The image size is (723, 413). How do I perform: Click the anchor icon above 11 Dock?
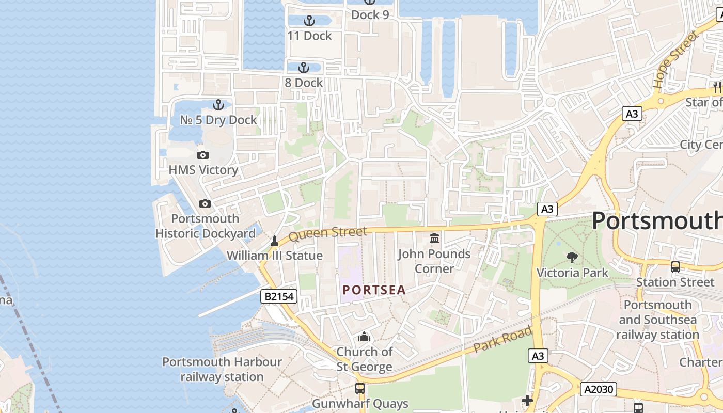point(309,21)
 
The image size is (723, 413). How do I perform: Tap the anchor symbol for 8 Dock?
point(304,68)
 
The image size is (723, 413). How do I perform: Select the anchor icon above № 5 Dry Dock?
point(218,105)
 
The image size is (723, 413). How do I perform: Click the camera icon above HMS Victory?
point(203,155)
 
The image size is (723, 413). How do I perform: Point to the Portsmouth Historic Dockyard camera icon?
point(205,203)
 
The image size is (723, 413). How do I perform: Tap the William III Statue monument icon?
point(275,241)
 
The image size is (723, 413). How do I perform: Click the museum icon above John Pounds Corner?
point(434,239)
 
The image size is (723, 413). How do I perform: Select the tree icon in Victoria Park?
point(572,257)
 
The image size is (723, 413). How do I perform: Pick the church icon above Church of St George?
point(364,337)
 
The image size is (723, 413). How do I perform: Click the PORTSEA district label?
point(374,290)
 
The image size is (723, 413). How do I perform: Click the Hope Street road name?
point(675,59)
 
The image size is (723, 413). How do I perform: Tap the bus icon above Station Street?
point(675,267)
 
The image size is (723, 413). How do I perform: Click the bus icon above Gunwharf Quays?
point(360,388)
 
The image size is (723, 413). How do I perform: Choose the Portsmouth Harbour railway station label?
point(222,369)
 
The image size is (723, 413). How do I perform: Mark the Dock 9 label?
point(370,15)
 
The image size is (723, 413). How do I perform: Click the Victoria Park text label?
point(573,272)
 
